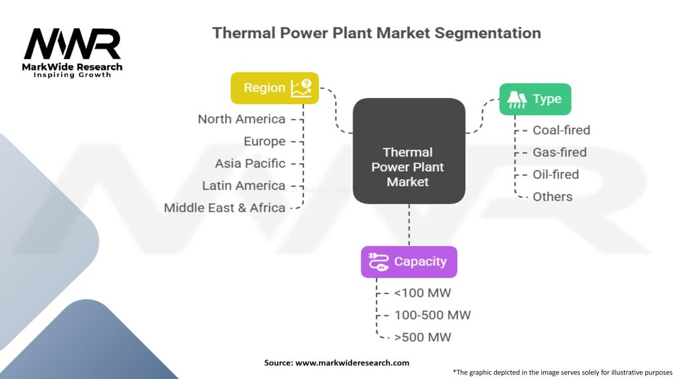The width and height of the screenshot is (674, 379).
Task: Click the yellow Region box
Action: point(274,88)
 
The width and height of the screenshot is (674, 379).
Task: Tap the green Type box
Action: point(535,99)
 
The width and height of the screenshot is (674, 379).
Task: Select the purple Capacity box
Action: point(409,262)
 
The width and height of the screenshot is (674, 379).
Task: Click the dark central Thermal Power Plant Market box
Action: point(409,151)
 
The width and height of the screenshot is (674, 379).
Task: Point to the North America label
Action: point(242,119)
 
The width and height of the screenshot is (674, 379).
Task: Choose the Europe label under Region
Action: point(265,141)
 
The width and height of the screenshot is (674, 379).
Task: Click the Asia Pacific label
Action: point(250,164)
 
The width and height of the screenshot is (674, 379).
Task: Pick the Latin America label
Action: point(244,186)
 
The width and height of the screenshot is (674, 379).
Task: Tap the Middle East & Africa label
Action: point(224,208)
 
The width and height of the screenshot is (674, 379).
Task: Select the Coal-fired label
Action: point(561,130)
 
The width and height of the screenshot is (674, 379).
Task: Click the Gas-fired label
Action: point(559,153)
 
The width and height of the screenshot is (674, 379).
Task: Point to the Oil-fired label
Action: point(556,174)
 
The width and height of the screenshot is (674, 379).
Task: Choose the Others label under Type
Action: point(552,197)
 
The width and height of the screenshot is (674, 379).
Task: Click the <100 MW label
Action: point(423,293)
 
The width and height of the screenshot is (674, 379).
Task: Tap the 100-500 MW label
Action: point(432,315)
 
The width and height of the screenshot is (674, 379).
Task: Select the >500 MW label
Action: point(423,338)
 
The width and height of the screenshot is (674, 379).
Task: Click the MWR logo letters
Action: point(72,44)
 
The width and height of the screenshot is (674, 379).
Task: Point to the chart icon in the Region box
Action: point(301,88)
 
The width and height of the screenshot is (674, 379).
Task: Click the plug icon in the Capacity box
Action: point(378,262)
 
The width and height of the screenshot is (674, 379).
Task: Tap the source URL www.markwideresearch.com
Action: point(352,363)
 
